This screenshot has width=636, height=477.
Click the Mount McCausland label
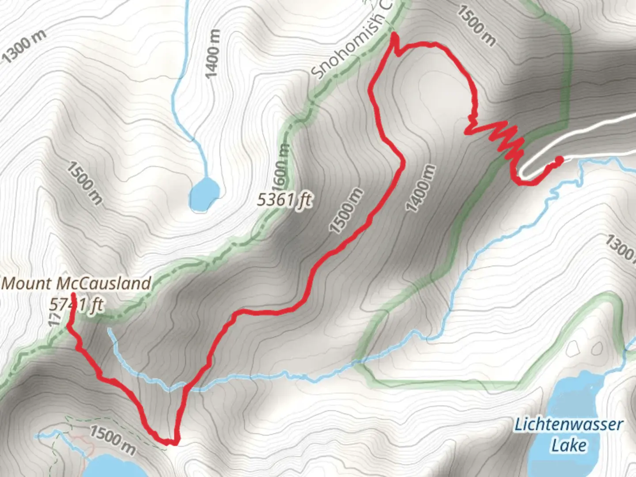[76, 283]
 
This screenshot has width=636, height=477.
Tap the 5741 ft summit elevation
[76, 304]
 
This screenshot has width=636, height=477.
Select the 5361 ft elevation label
[284, 201]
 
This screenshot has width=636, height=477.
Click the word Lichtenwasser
[568, 425]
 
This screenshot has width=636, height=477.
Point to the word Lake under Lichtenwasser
[569, 445]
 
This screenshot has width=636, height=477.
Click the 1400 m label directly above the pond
[213, 53]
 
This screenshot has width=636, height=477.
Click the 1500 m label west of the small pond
[84, 182]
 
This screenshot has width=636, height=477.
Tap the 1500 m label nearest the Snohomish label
[476, 26]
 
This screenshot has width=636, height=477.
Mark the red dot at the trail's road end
[559, 160]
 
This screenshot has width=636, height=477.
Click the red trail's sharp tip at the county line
[393, 34]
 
